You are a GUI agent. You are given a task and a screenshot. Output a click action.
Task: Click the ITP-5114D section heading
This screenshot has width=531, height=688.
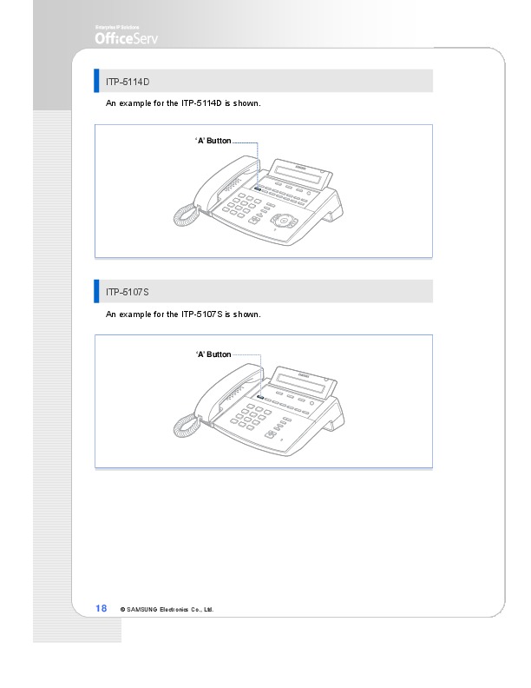click(x=128, y=82)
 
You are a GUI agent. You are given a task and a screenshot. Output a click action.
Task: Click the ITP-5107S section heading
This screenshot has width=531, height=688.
click(x=127, y=292)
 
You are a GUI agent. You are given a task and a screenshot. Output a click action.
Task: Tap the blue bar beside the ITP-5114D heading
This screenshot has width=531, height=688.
click(x=96, y=81)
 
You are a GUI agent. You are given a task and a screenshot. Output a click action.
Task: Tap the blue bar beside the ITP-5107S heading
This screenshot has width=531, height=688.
click(x=96, y=291)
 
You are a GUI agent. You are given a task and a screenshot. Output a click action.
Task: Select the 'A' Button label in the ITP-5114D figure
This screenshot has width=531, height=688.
click(x=213, y=141)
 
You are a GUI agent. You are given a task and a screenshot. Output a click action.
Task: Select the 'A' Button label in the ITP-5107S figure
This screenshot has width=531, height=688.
click(x=213, y=354)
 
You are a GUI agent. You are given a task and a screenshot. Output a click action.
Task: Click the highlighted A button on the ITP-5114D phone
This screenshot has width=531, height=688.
click(x=257, y=189)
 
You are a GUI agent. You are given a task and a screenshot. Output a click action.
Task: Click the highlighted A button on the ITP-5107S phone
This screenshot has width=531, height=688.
click(x=260, y=398)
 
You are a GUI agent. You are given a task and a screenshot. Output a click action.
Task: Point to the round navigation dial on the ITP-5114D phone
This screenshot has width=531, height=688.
click(x=284, y=221)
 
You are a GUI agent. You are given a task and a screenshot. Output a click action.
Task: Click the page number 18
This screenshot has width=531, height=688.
click(x=102, y=608)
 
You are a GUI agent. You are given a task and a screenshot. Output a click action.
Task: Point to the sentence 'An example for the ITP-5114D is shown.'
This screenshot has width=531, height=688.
click(x=183, y=103)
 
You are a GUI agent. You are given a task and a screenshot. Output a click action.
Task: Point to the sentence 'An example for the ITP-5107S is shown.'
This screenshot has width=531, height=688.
click(x=183, y=314)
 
